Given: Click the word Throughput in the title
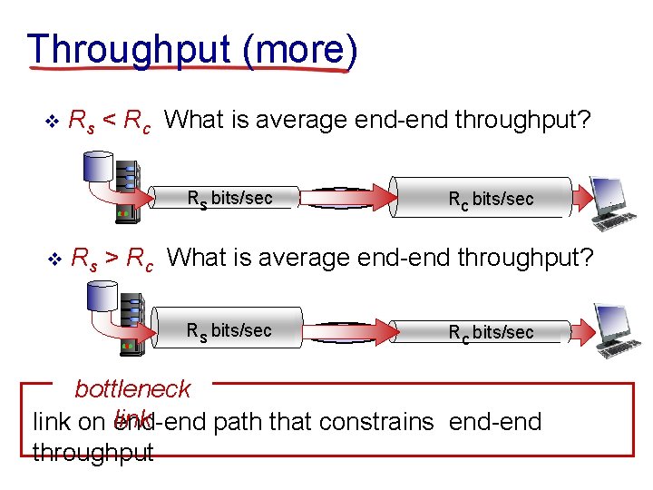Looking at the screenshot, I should coord(130,49).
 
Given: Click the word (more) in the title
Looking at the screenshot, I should coord(299,49).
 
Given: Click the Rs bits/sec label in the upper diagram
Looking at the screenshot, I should coord(229,198).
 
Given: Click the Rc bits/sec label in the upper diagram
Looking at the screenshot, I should coord(491,199).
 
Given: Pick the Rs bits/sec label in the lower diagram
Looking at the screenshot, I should coord(229,330).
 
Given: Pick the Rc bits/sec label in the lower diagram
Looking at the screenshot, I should coord(491,332).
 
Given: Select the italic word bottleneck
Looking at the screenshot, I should coord(132,389).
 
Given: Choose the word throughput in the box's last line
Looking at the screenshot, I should coord(93,452).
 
